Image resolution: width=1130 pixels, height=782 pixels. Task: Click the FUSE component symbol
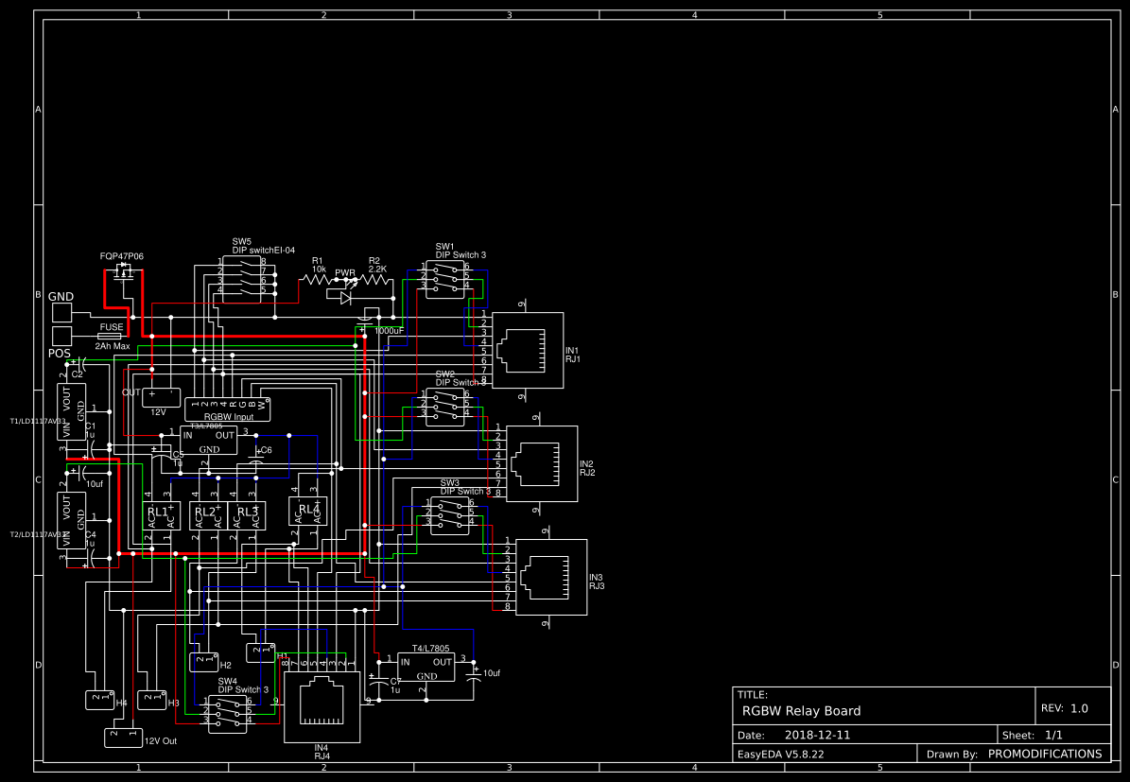pyautogui.click(x=111, y=336)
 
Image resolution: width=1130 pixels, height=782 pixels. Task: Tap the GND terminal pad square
pyautogui.click(x=61, y=313)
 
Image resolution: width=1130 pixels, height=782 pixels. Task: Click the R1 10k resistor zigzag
pyautogui.click(x=315, y=280)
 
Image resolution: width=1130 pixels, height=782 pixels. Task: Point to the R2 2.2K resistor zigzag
pyautogui.click(x=375, y=280)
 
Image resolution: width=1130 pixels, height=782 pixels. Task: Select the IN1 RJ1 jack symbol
pyautogui.click(x=527, y=350)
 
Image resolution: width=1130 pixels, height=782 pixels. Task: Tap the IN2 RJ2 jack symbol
pyautogui.click(x=542, y=463)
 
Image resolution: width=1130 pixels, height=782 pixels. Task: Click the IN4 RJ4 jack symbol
pyautogui.click(x=322, y=706)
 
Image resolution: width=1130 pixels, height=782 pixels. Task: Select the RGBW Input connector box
pyautogui.click(x=227, y=408)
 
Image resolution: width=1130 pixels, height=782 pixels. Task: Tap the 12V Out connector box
pyautogui.click(x=123, y=736)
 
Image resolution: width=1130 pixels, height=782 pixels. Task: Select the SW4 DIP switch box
pyautogui.click(x=228, y=714)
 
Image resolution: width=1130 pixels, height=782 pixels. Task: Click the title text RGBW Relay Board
pyautogui.click(x=801, y=711)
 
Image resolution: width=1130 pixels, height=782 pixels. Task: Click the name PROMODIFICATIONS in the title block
pyautogui.click(x=1044, y=754)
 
